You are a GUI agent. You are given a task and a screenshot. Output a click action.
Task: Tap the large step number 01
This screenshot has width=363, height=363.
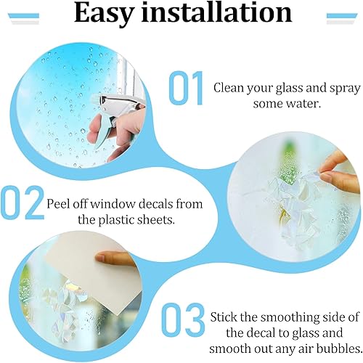pos(186,88)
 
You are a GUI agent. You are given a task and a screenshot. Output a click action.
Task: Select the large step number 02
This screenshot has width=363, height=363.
pos(23,202)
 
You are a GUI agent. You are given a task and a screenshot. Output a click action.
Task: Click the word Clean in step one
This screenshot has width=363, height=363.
pos(229,88)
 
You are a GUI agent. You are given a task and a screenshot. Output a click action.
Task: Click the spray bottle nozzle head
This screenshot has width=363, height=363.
pos(114,102)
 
